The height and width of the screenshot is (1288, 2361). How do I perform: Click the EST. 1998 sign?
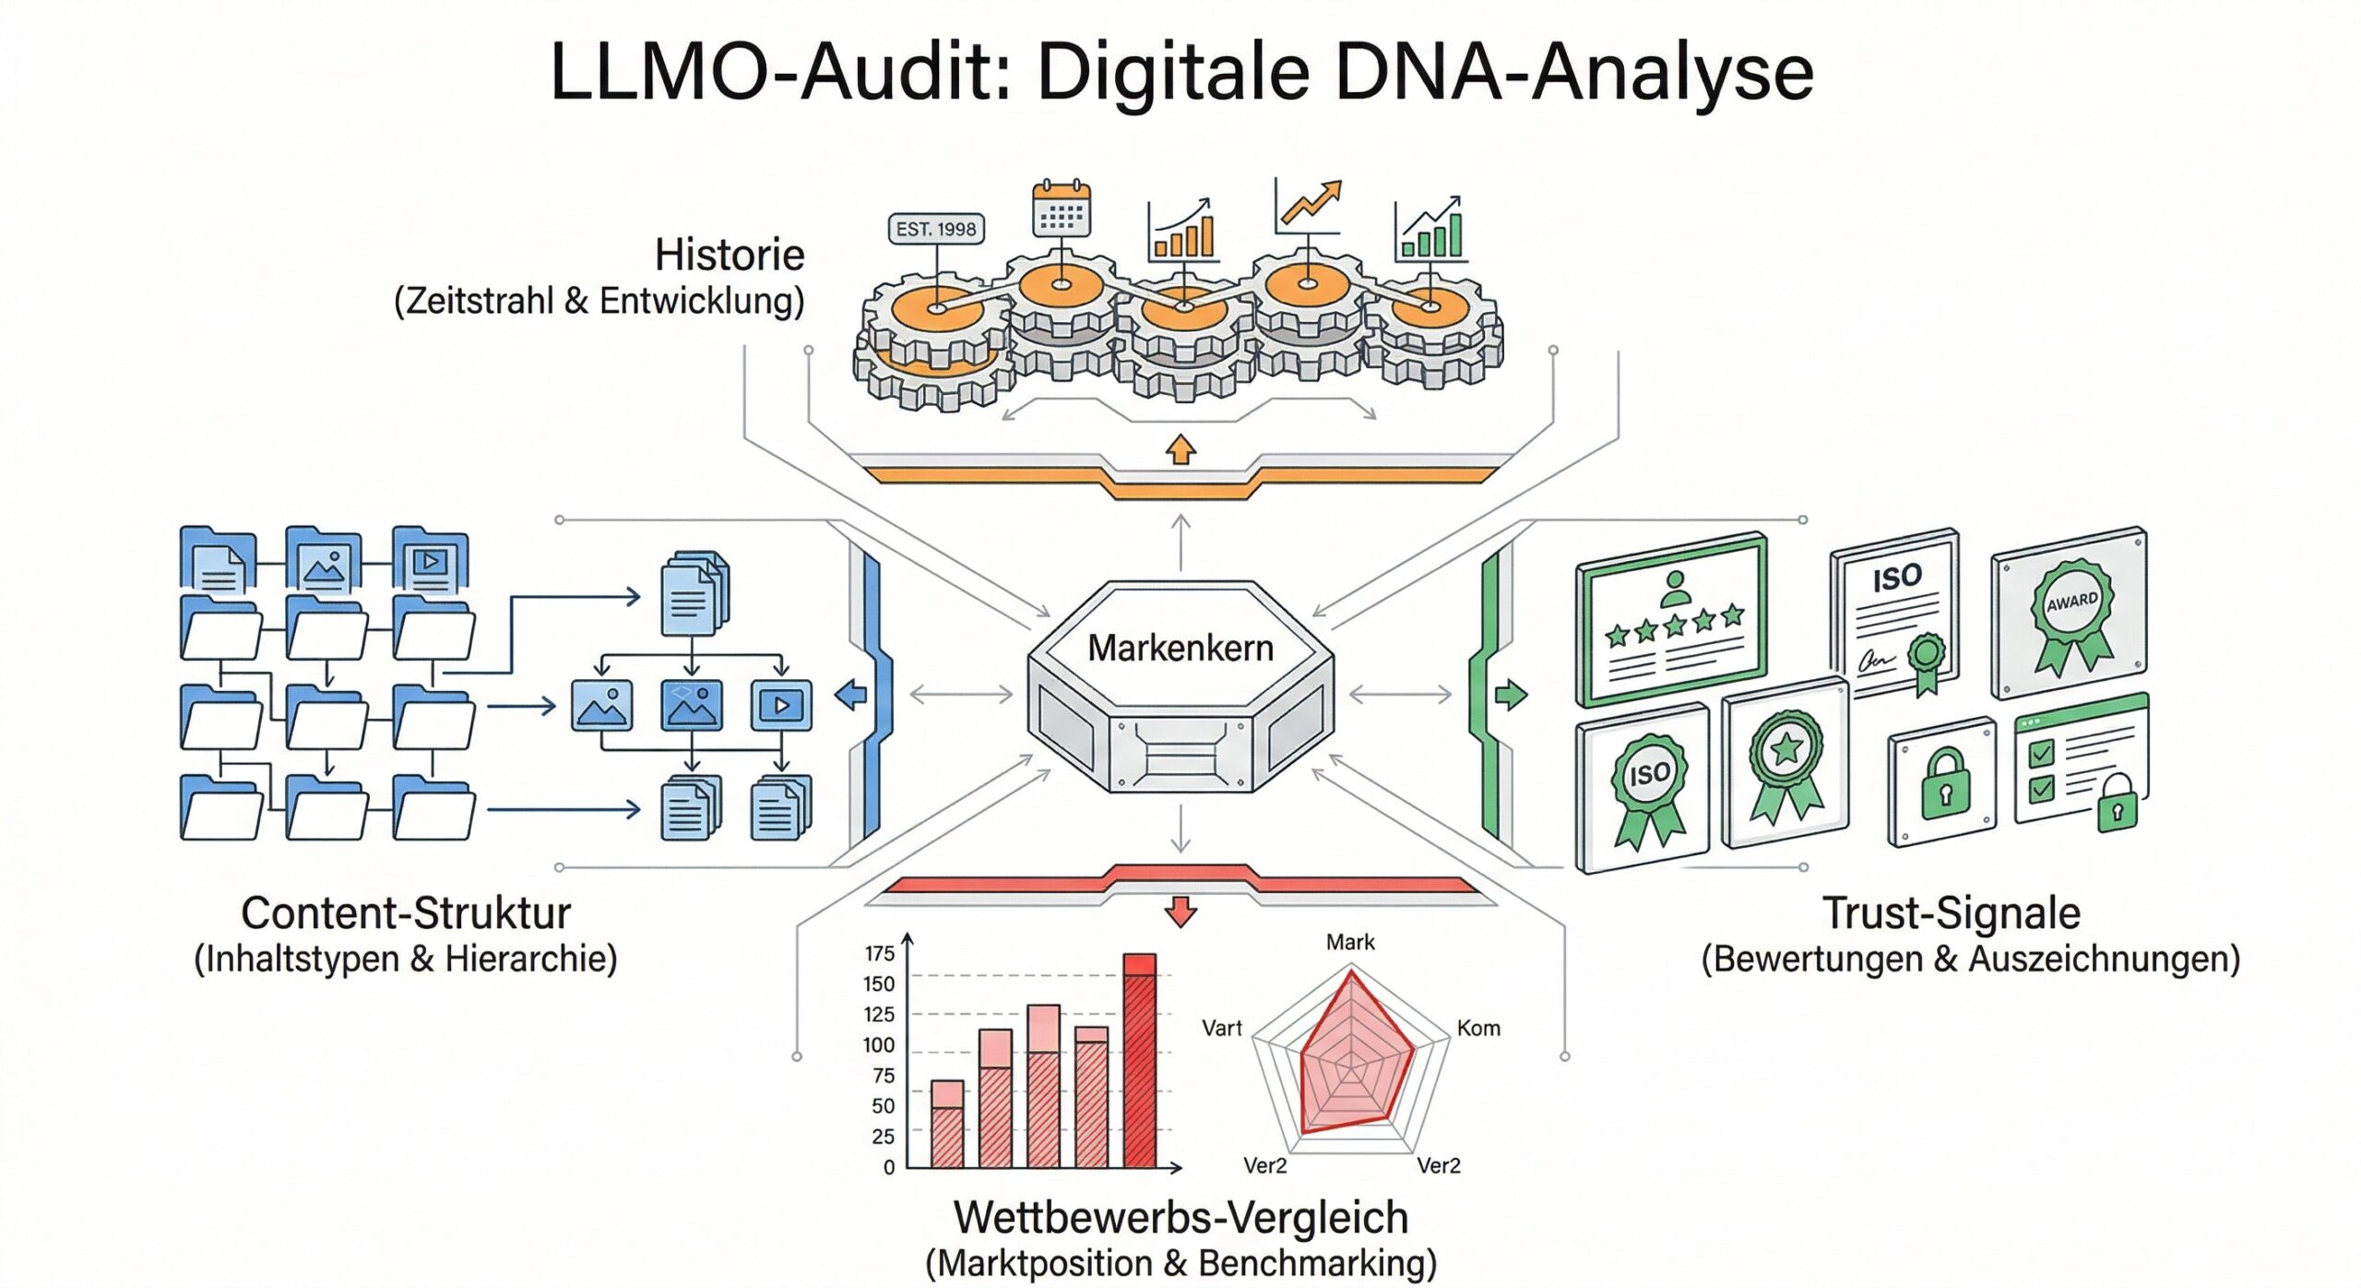[935, 229]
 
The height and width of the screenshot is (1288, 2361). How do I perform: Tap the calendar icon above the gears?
[1061, 209]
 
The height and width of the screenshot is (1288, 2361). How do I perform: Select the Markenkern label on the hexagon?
[1180, 648]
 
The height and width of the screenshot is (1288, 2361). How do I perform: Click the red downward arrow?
[1180, 911]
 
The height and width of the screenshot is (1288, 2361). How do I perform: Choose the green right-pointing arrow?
[1511, 694]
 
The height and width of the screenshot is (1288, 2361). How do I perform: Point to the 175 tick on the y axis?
[880, 953]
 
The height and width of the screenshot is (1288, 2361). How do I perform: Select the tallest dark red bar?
[1140, 1061]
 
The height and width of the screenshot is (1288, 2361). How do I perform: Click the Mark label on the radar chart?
[1350, 942]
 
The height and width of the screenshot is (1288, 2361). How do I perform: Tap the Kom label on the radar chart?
[1478, 1028]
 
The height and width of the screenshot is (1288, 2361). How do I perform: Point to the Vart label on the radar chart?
[1222, 1028]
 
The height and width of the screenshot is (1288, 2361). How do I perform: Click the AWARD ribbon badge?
[2071, 614]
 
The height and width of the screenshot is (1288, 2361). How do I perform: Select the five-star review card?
[1672, 621]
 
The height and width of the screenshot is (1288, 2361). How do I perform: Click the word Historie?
[729, 256]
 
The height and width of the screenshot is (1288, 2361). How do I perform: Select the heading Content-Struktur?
[406, 913]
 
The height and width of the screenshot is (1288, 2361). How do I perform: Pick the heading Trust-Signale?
[1952, 913]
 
